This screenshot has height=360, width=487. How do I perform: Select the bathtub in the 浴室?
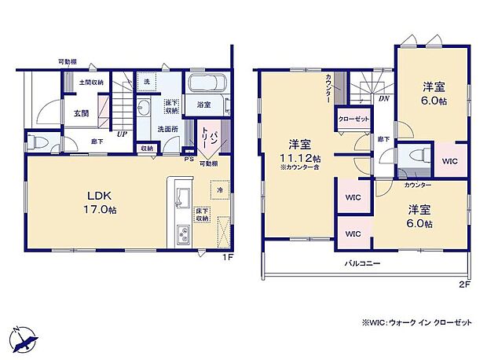tap(208, 83)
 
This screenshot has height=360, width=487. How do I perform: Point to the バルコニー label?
tap(362, 264)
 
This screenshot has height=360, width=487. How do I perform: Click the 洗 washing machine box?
tap(146, 81)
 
